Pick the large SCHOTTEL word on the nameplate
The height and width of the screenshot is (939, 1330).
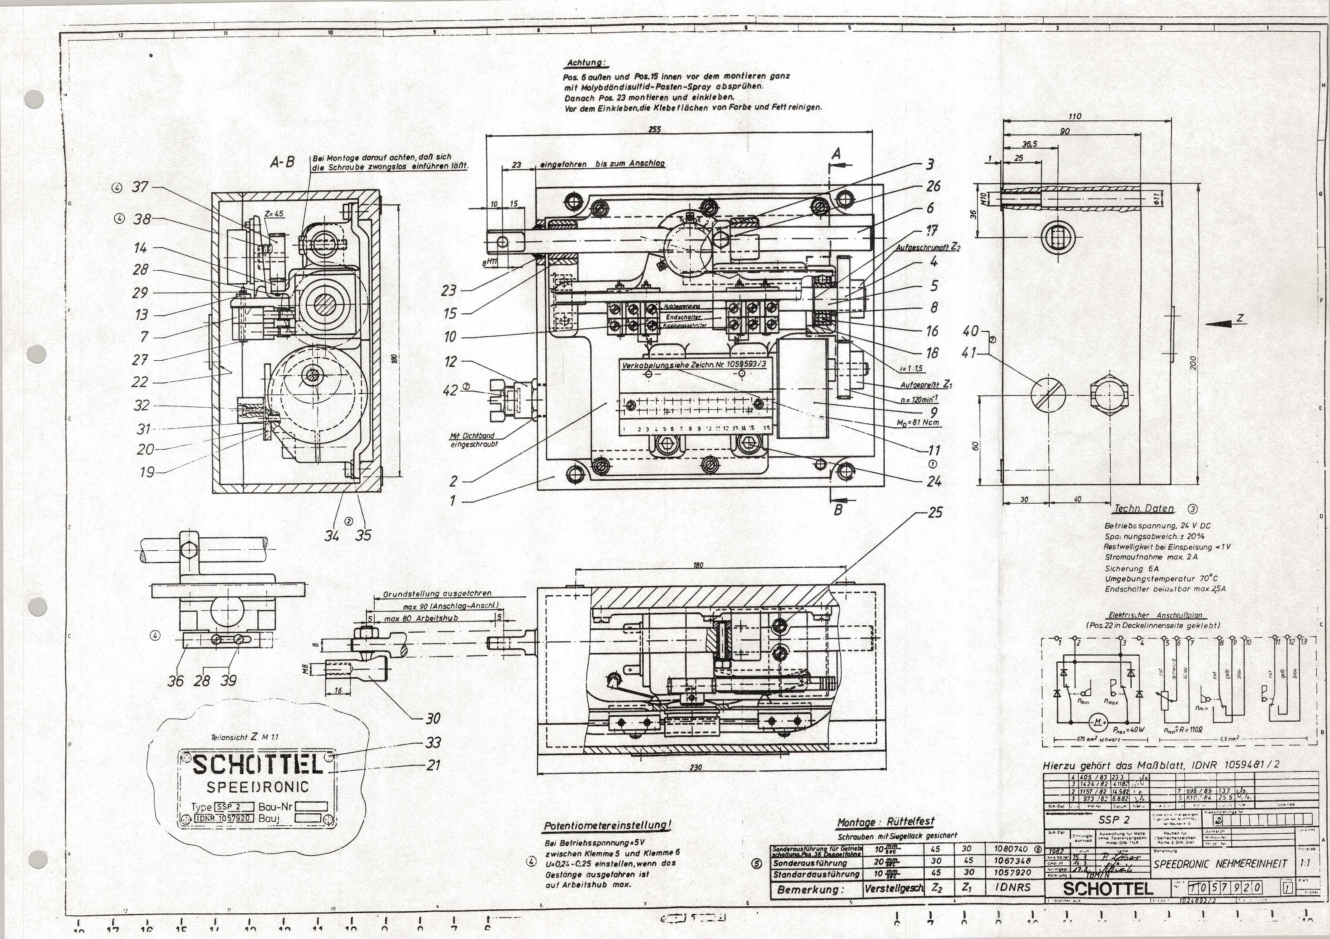click(x=257, y=765)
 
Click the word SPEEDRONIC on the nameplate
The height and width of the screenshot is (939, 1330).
click(x=258, y=787)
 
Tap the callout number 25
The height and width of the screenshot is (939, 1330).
click(x=935, y=512)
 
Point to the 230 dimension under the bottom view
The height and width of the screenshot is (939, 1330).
click(x=695, y=767)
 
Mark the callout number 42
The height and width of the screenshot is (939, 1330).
click(x=450, y=390)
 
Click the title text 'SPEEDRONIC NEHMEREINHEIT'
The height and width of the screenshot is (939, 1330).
click(x=1220, y=863)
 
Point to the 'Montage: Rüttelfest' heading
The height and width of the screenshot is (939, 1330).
click(x=886, y=823)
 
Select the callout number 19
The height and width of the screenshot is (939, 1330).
click(x=147, y=472)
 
